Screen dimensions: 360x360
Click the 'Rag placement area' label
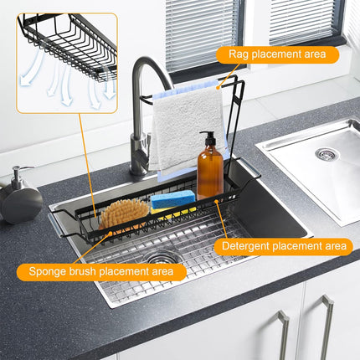277,55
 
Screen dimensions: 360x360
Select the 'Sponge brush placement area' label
101,271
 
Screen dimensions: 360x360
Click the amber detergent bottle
209,170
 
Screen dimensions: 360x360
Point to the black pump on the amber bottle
206,137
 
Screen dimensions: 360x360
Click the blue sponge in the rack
172,199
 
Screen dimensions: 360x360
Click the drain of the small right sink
326,154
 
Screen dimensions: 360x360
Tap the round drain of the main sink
162,259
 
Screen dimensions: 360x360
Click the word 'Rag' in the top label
238,55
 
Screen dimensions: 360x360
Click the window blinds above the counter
202,33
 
